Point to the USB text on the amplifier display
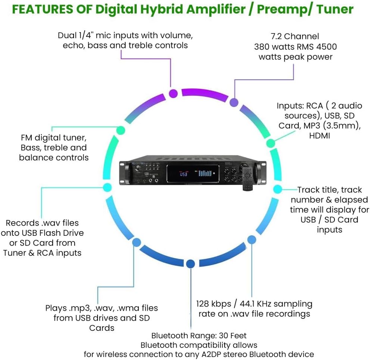click(x=184, y=174)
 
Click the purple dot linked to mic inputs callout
click(x=173, y=93)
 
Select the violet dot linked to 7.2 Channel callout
click(x=234, y=102)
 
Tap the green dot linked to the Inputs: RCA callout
click(x=270, y=143)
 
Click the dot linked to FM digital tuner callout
click(x=120, y=130)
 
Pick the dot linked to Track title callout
click(x=278, y=189)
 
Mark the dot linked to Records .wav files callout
click(x=107, y=187)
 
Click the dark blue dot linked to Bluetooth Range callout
click(x=191, y=264)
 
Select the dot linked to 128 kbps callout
click(x=252, y=240)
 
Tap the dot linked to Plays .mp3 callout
click(x=137, y=242)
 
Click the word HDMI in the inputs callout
click(x=320, y=136)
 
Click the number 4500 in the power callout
click(x=326, y=47)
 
